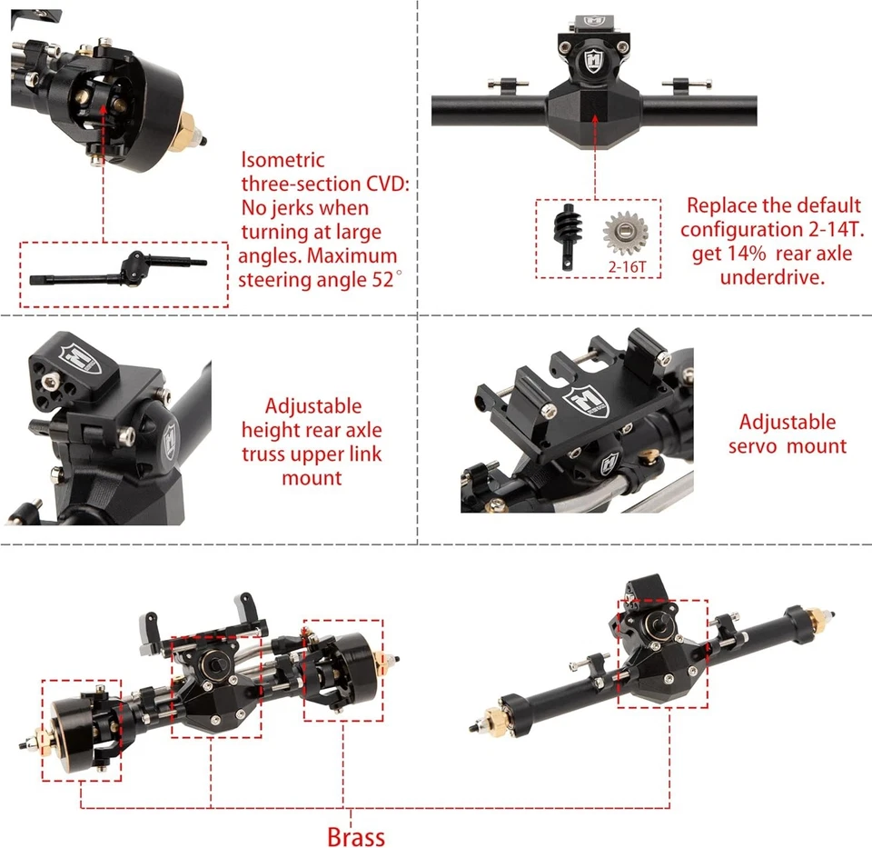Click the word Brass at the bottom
pos(356,835)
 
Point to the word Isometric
pos(282,161)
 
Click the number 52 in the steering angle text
pos(377,280)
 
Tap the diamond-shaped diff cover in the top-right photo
pos(595,115)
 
